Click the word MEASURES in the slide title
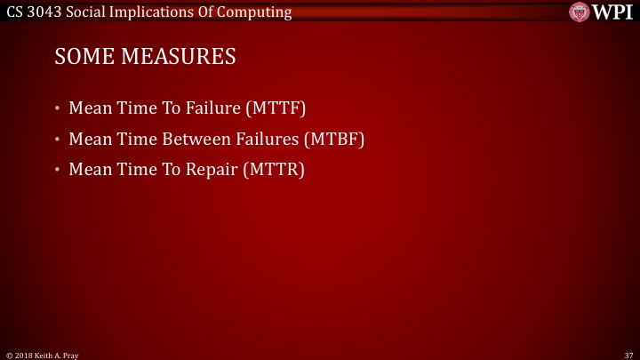tap(175, 57)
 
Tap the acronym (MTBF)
tap(333, 140)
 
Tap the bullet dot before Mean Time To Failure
tap(58, 109)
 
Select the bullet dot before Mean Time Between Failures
tap(58, 140)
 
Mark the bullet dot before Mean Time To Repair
tap(58, 169)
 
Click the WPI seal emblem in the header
tap(580, 12)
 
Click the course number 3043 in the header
tap(48, 12)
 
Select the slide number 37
tap(628, 355)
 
